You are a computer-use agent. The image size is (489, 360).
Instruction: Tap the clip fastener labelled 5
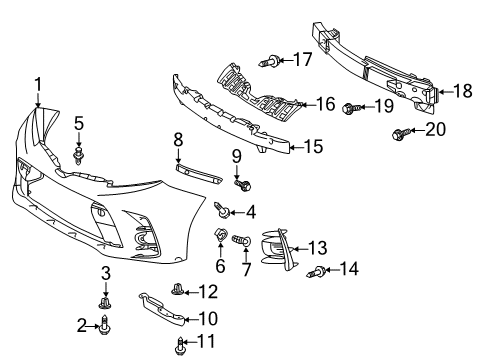[x=80, y=155]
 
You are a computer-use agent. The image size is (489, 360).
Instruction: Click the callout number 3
[x=104, y=273]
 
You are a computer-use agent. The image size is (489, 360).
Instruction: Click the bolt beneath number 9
[x=240, y=185]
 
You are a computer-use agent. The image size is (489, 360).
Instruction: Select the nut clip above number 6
[x=216, y=238]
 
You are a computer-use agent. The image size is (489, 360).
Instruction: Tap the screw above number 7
[x=240, y=241]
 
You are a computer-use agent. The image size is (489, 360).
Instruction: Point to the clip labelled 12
[x=177, y=292]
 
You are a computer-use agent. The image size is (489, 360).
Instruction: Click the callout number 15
[x=313, y=147]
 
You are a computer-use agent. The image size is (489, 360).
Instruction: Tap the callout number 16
[x=325, y=104]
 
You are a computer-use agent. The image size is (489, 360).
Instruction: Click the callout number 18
[x=463, y=91]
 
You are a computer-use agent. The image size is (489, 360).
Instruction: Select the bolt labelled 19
[x=351, y=106]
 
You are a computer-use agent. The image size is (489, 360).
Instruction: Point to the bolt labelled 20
[x=401, y=131]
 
